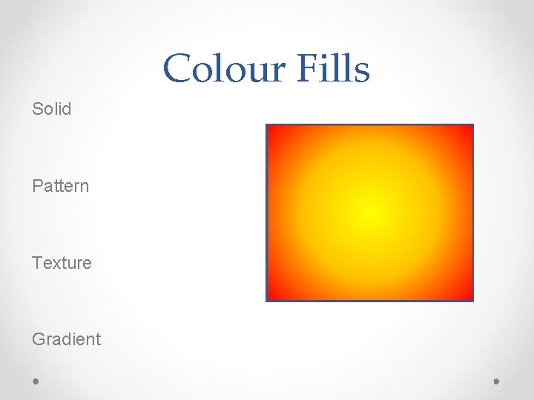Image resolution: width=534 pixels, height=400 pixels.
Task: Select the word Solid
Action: pos(52,109)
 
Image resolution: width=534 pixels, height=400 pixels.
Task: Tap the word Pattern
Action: pos(60,186)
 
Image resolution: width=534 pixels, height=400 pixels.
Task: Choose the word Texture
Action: pos(62,263)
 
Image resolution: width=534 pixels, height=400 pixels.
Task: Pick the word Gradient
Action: pos(66,339)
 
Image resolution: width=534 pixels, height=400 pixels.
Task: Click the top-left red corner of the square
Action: pos(271,130)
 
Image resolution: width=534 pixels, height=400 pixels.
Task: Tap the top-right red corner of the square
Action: pos(468,130)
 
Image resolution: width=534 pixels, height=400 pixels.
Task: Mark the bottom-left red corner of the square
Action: pos(271,296)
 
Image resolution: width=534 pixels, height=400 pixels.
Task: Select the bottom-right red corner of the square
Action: pos(468,296)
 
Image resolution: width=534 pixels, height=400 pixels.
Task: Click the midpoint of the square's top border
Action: pos(370,125)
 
